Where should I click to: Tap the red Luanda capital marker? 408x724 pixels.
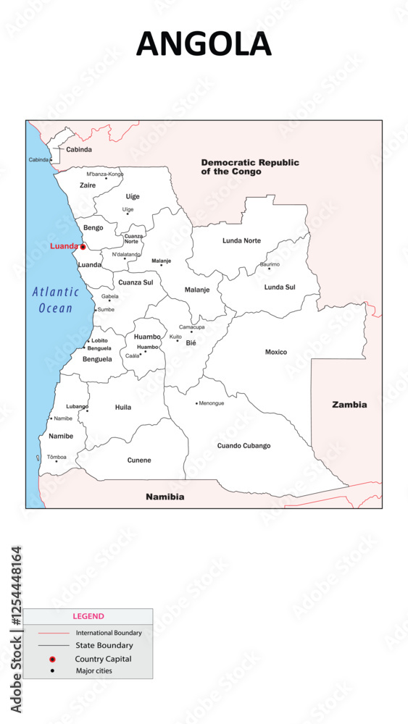point(83,247)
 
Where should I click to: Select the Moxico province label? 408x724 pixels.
point(276,353)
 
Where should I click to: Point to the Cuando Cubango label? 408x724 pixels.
point(243,446)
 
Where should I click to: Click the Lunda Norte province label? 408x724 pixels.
point(241,240)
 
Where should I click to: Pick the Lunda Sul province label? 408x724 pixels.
point(280,287)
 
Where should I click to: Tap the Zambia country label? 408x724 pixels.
point(349,405)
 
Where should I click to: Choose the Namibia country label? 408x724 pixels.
point(165,497)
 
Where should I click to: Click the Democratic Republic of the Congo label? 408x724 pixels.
point(250,167)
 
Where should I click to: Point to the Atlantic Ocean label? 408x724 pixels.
point(55,300)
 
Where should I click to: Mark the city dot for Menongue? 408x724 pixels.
point(196,403)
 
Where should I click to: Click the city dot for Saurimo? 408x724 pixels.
point(269,269)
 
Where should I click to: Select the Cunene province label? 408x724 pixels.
point(139,460)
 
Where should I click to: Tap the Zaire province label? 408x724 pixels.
point(88,185)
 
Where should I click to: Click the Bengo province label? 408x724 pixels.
point(93,228)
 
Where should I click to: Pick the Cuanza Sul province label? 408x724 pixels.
point(136,282)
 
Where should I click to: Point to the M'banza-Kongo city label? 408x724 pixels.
point(105,174)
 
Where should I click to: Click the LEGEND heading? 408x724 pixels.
point(88,617)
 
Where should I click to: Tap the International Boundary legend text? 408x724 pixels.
point(109,633)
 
